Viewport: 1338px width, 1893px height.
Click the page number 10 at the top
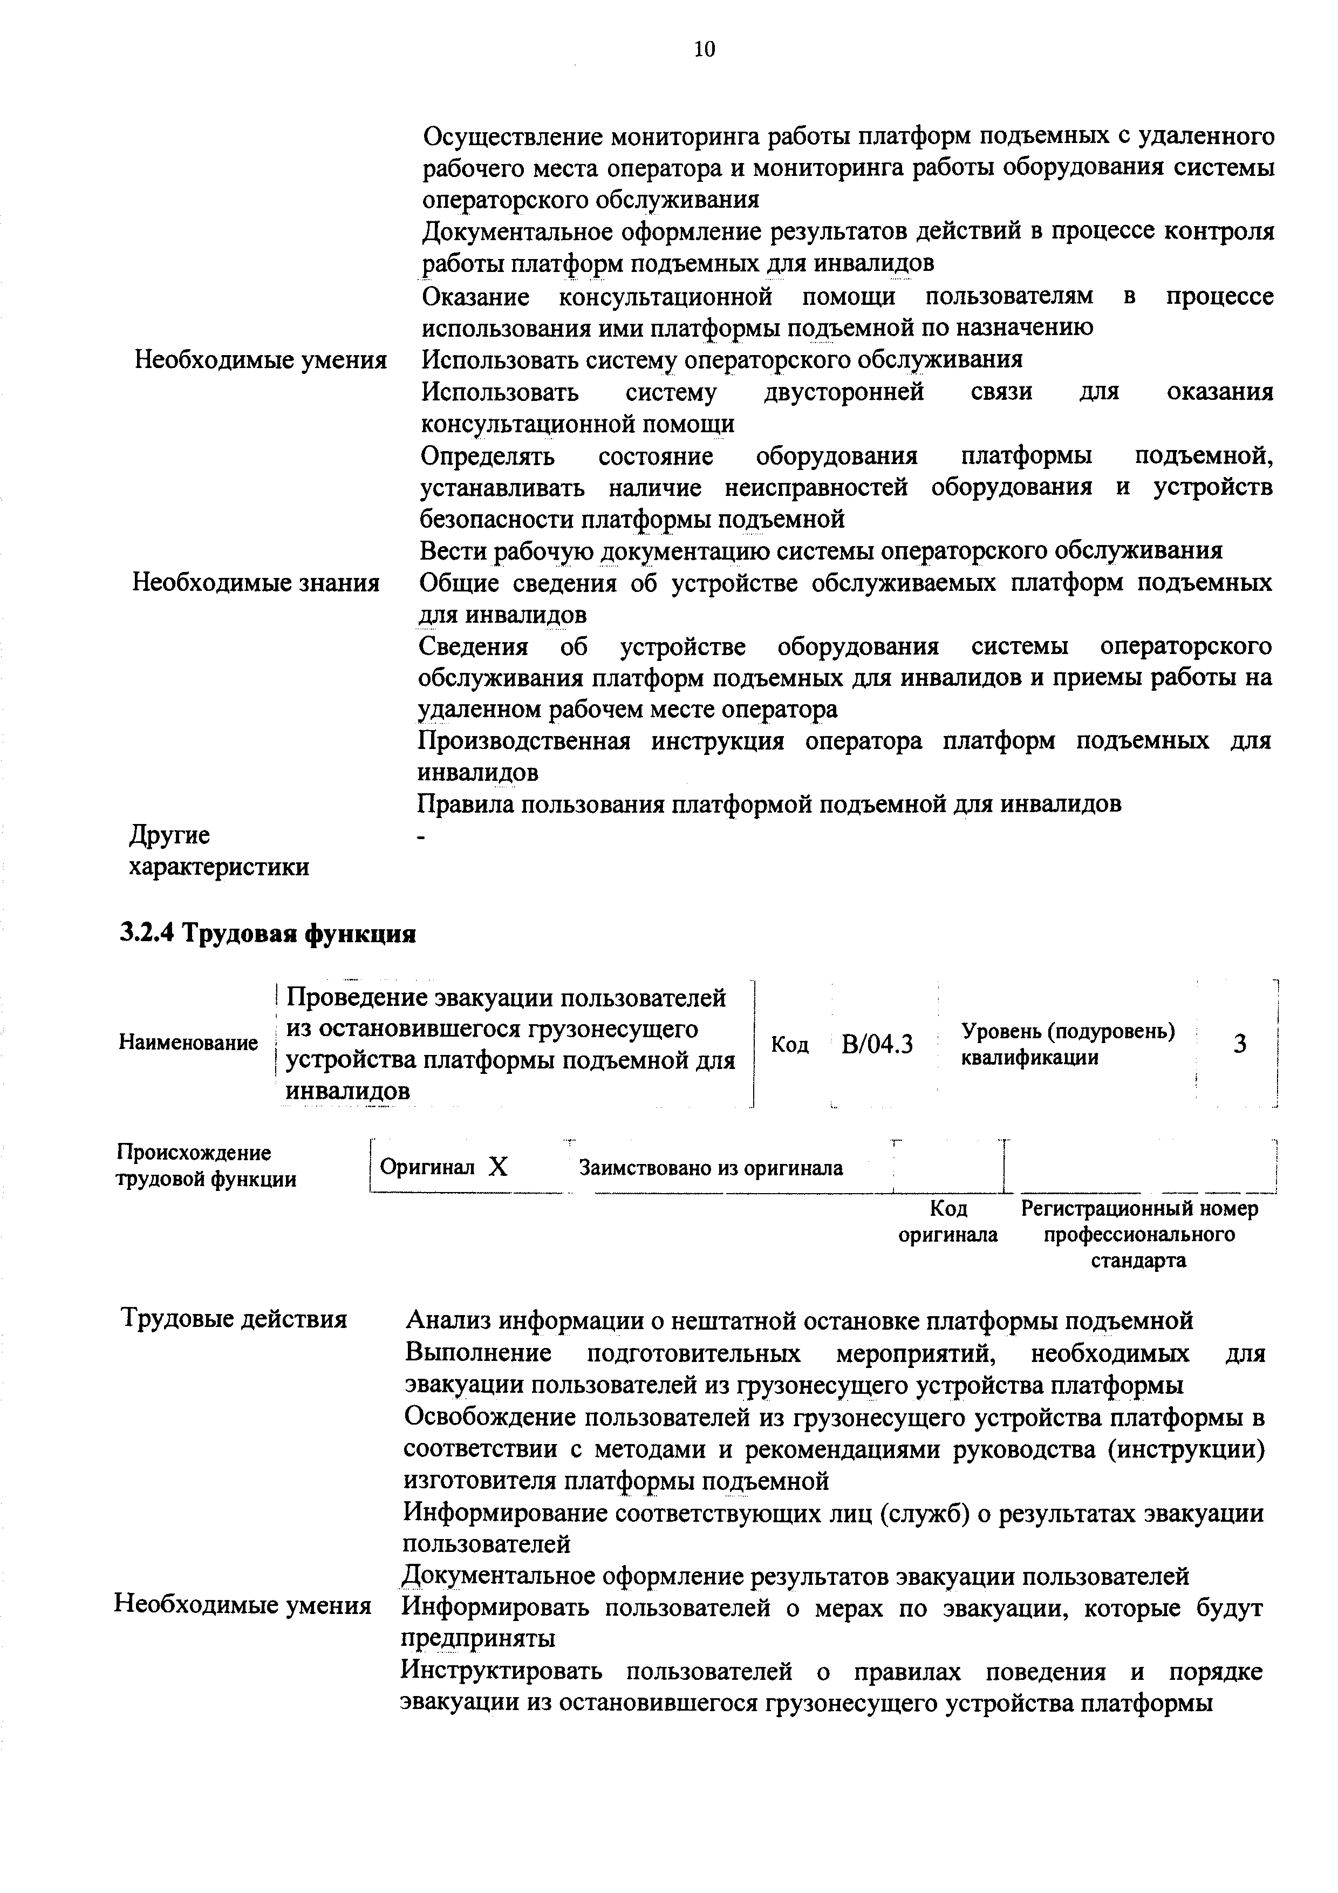coord(705,50)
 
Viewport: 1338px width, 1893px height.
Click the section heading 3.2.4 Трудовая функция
coord(268,934)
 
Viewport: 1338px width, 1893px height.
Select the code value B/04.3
coord(877,1045)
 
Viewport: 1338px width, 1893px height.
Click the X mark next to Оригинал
coord(498,1167)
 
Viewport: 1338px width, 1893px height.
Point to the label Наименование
coord(189,1043)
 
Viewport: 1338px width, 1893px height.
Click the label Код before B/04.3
coord(790,1045)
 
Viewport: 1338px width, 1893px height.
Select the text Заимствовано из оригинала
coord(711,1168)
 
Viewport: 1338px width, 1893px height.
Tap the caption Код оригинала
coord(948,1221)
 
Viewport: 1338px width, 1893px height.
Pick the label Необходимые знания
coord(256,583)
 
